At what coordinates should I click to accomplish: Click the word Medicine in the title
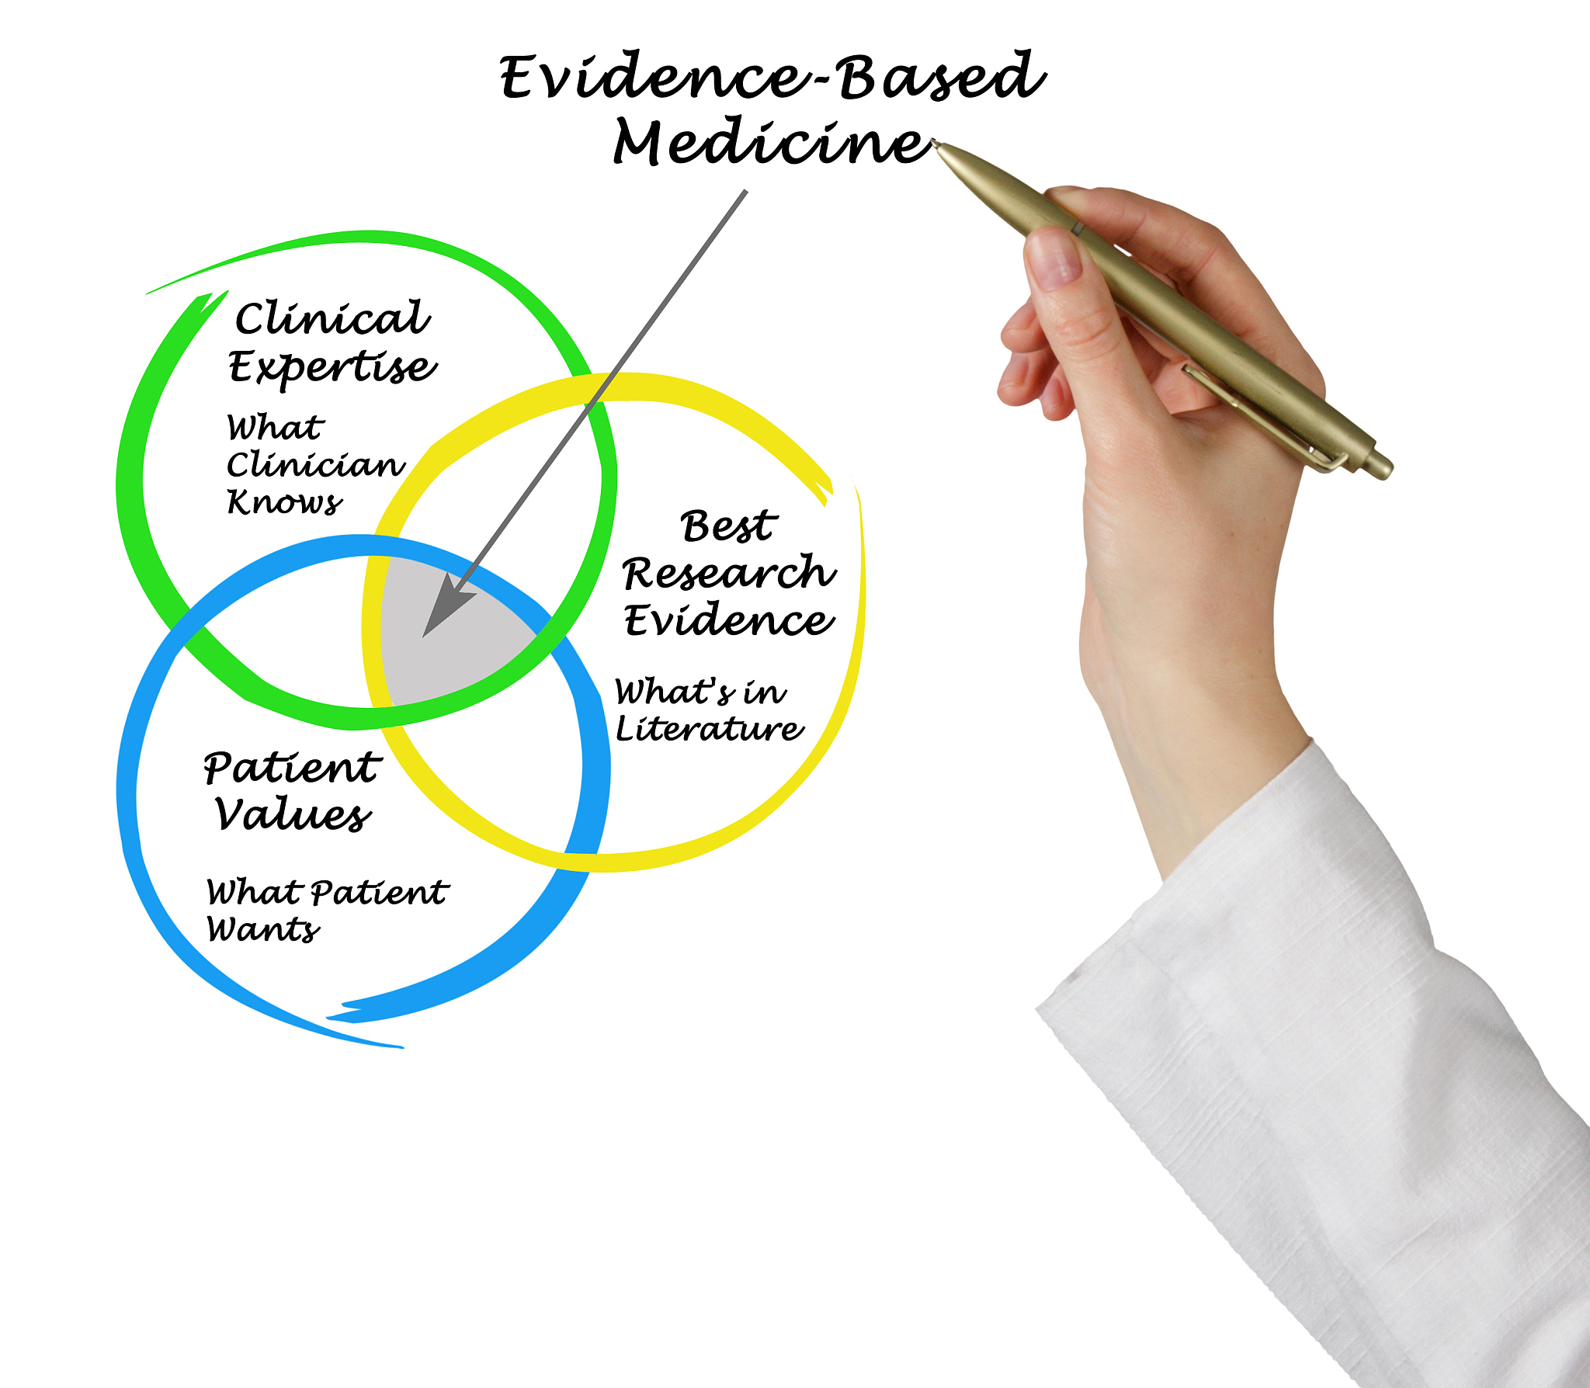772,143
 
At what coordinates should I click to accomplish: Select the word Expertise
332,366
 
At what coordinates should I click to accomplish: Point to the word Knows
284,501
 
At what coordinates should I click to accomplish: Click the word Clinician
315,464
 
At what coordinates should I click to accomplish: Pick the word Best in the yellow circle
728,526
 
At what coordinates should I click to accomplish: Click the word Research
729,572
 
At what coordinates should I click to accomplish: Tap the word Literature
709,728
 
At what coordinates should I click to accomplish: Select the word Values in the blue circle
293,814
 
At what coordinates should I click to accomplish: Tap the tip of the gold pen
935,143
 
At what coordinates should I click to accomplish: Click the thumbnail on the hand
1054,259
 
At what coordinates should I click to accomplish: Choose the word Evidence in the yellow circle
729,619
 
